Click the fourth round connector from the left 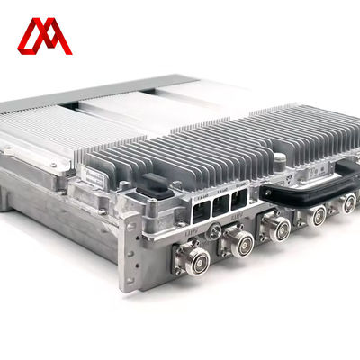[318, 214]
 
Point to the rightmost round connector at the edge [348, 203]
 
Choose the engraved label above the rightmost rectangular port [239, 185]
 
